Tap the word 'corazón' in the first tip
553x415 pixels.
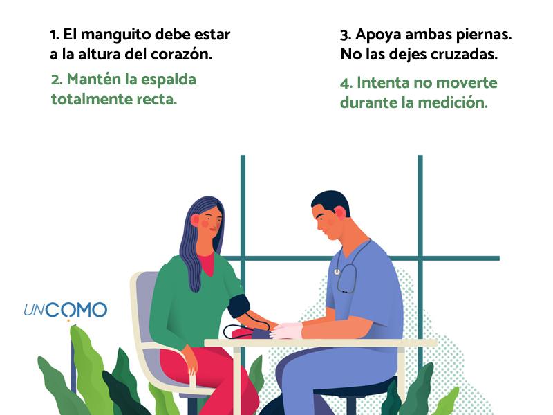tap(181, 55)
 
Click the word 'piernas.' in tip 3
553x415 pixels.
tap(484, 35)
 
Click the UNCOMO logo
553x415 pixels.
tap(66, 311)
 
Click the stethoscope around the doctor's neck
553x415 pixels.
tap(347, 271)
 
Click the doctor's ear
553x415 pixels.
tap(341, 214)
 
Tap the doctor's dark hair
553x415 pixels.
tap(331, 201)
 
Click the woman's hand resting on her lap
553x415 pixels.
tap(191, 360)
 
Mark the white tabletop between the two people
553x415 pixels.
tap(320, 343)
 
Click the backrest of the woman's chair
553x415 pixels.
tap(142, 308)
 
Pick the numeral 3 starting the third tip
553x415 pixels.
tap(344, 36)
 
